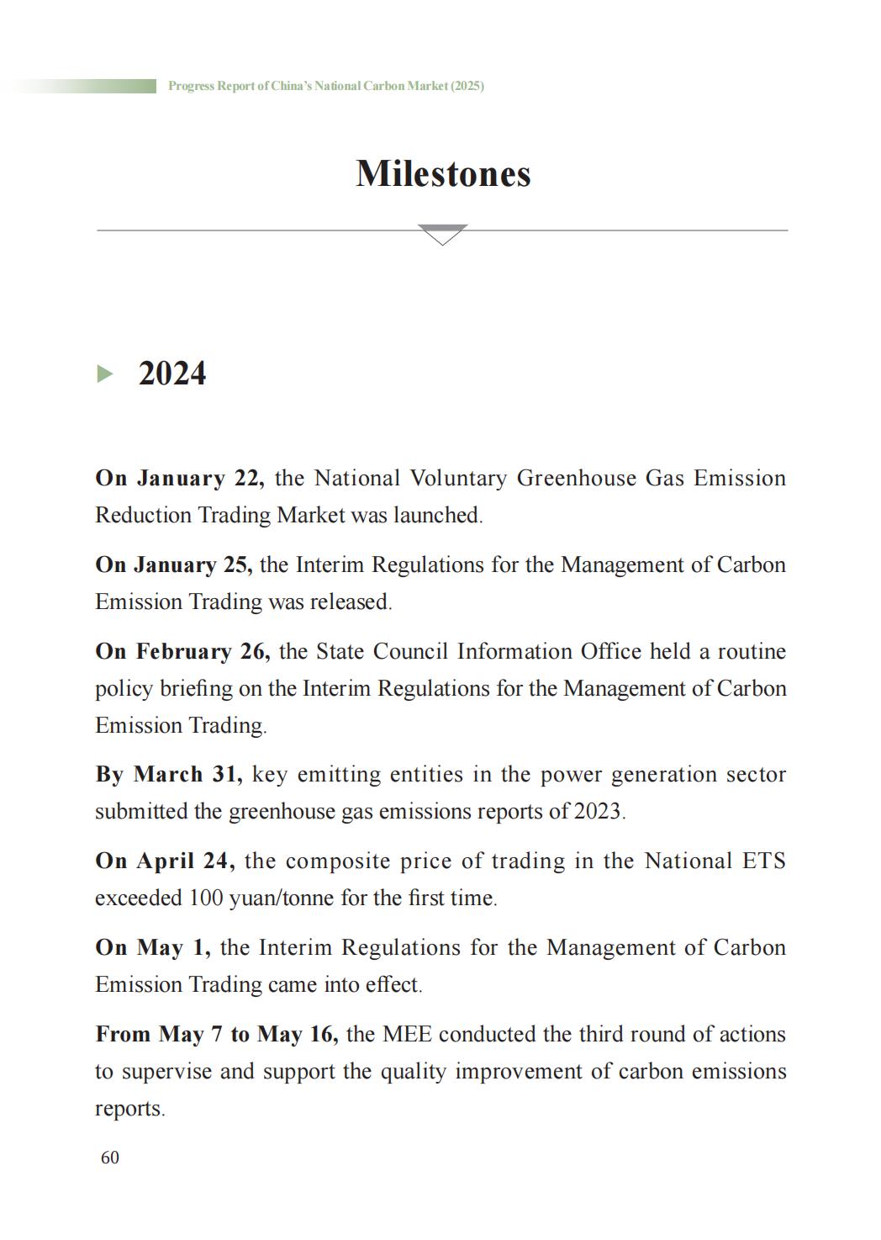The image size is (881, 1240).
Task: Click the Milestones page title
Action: (x=443, y=174)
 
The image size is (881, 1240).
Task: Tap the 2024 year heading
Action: (x=171, y=374)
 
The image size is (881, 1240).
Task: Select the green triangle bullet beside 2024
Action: (x=105, y=374)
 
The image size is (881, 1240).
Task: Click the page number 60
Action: (x=110, y=1158)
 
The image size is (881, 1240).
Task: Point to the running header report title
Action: (x=325, y=86)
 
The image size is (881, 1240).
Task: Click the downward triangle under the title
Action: (x=442, y=234)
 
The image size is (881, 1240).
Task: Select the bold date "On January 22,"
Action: (x=180, y=478)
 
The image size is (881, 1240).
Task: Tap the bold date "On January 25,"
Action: (x=174, y=564)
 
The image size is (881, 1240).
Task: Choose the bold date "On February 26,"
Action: (x=182, y=651)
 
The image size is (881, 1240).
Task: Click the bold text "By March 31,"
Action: (x=169, y=774)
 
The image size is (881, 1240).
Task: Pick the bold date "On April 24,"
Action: (x=165, y=861)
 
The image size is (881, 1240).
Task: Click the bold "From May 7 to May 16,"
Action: (x=217, y=1034)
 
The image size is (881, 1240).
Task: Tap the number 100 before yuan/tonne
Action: (x=205, y=898)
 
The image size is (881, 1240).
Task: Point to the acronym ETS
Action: (x=763, y=861)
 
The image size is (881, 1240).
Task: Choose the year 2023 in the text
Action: (x=597, y=811)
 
